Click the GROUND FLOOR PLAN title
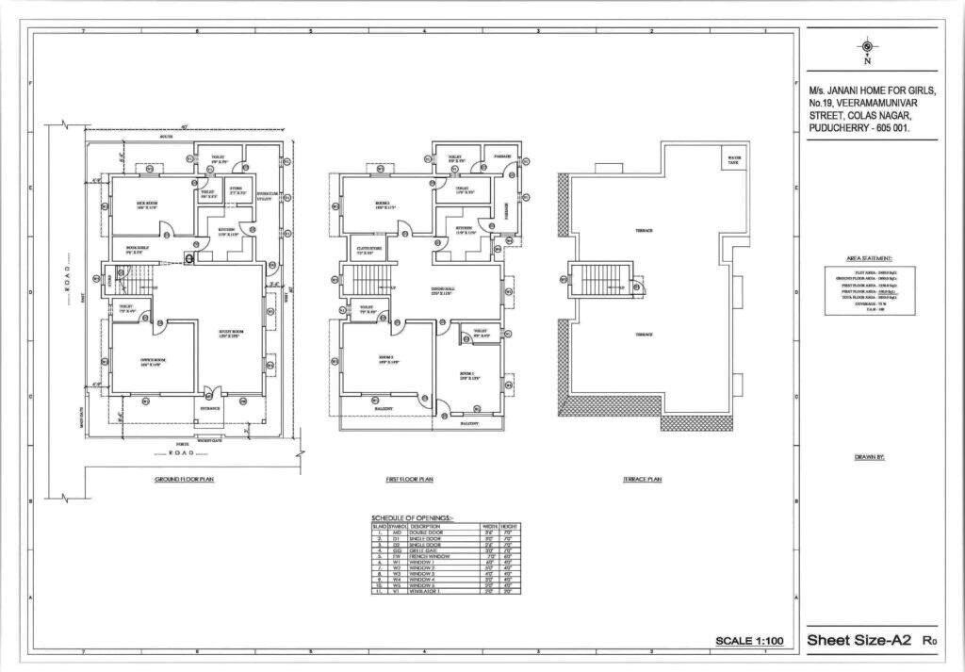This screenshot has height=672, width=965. (x=185, y=480)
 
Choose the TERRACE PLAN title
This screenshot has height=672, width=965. (x=643, y=480)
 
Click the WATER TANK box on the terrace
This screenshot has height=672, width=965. (x=735, y=157)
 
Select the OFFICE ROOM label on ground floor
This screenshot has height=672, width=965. (x=152, y=360)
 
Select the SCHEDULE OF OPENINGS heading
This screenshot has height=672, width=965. (x=412, y=517)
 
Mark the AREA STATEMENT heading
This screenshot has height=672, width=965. (x=869, y=257)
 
